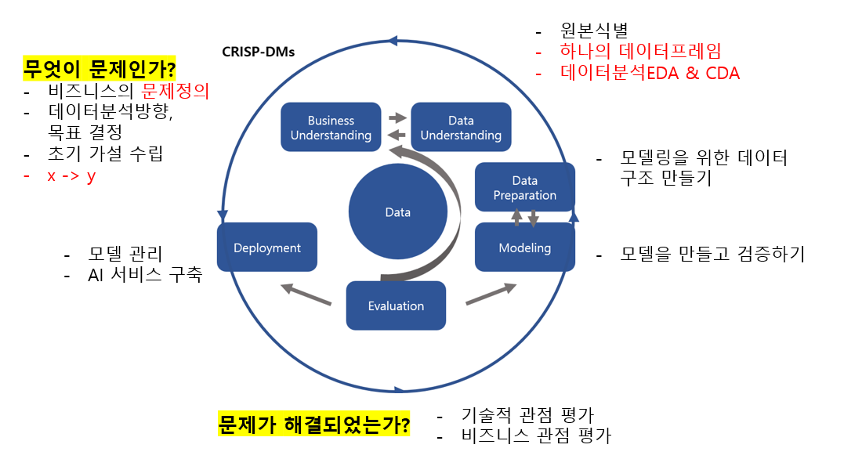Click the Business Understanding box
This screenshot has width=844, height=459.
coord(331,128)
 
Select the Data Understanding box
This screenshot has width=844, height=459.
coord(461,128)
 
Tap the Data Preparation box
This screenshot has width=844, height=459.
coord(524,188)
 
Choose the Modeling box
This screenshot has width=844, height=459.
coord(524,248)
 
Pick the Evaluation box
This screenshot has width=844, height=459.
coord(396,305)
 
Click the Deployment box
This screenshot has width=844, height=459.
coord(267,248)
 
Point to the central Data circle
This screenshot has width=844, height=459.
coord(397,212)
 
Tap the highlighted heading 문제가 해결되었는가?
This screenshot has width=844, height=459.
coord(313,425)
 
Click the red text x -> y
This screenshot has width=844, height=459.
coord(71,175)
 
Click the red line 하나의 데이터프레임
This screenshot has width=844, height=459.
coord(640,52)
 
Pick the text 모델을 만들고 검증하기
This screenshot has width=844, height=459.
coord(712,255)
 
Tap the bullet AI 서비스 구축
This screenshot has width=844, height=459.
coord(145,276)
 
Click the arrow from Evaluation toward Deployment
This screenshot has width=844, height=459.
coord(306,295)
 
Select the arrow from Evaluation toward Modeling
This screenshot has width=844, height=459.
coord(491,295)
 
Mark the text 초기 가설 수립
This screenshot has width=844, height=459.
coord(105,154)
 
